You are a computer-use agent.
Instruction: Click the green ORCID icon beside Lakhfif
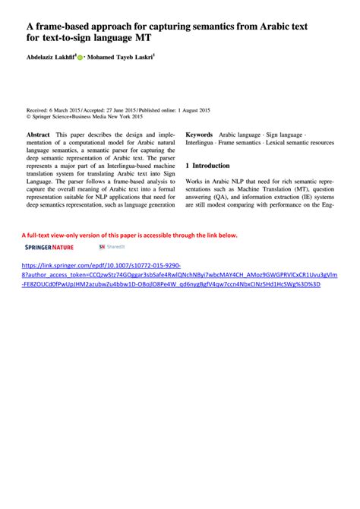80,57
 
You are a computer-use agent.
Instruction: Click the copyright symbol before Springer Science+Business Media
28,117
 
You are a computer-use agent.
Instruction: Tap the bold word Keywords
199,134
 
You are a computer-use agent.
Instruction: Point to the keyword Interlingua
202,142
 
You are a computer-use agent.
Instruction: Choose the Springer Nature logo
49,247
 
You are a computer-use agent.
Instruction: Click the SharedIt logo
112,247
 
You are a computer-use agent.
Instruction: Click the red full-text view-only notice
129,235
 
